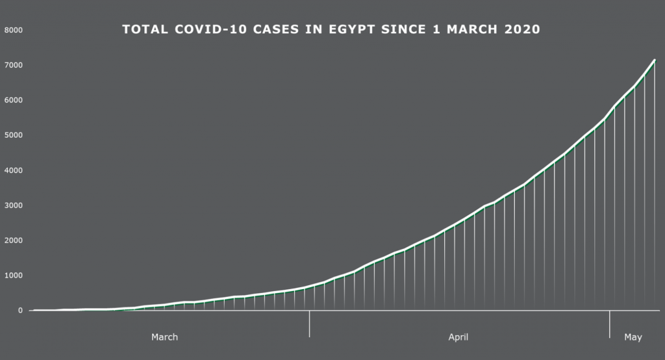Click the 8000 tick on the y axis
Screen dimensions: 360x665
click(x=14, y=30)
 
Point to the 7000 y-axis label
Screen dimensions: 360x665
click(x=14, y=65)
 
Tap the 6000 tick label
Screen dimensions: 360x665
click(x=14, y=100)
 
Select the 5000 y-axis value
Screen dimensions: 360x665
click(x=14, y=135)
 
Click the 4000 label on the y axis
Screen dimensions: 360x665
click(x=14, y=170)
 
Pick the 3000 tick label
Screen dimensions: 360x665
click(x=14, y=205)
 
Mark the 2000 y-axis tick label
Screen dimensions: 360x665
click(x=14, y=240)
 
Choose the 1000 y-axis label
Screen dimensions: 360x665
click(x=14, y=276)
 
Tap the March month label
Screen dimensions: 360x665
click(x=164, y=337)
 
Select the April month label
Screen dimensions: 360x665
click(x=458, y=337)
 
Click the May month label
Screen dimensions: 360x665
click(x=633, y=337)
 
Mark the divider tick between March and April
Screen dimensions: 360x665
click(x=310, y=324)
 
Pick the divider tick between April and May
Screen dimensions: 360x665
click(x=609, y=324)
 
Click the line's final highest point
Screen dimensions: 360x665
click(x=655, y=60)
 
